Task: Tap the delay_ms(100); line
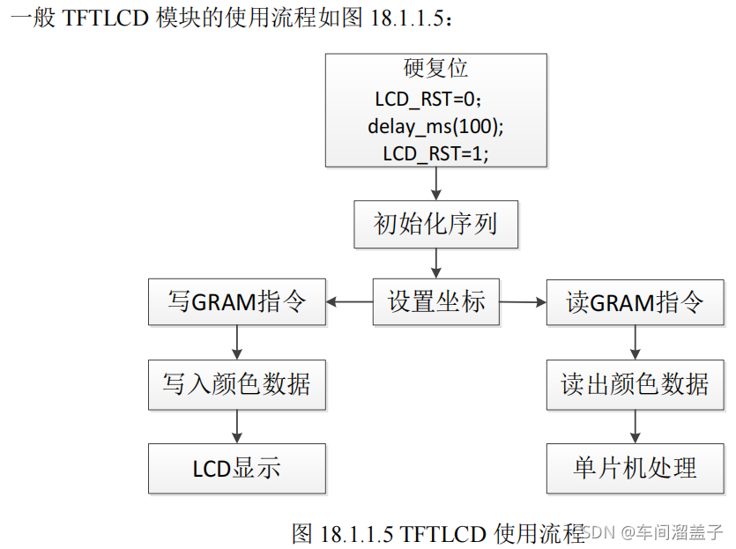(435, 126)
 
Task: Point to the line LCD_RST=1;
(435, 152)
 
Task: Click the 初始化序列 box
(435, 225)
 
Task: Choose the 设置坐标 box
(436, 301)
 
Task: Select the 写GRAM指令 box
(236, 301)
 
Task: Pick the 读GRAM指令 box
(635, 303)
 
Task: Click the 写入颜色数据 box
(236, 384)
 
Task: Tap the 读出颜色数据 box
(635, 384)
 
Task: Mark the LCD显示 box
(236, 468)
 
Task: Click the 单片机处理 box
(635, 468)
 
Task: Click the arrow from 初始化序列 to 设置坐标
(435, 263)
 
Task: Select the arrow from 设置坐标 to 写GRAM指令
(349, 301)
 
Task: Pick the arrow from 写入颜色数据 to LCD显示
(236, 427)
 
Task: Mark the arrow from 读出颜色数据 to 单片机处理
(635, 427)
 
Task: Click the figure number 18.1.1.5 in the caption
(357, 533)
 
